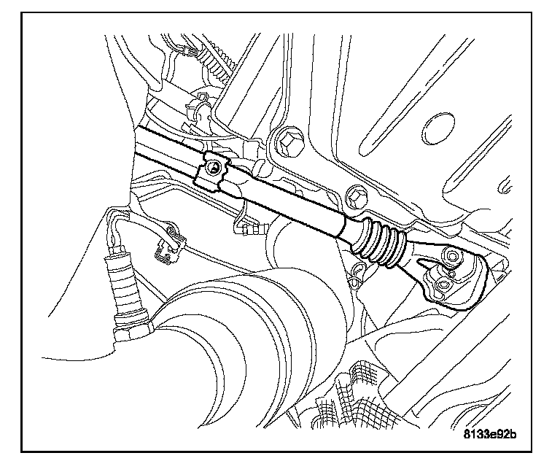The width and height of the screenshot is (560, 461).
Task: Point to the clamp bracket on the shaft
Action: pos(214,173)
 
